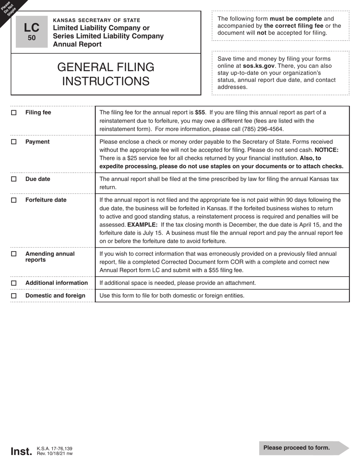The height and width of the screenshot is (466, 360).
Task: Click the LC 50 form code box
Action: pyautogui.click(x=32, y=32)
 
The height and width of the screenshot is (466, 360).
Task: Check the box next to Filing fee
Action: pyautogui.click(x=14, y=113)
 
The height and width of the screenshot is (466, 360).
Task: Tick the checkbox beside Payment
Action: pyautogui.click(x=14, y=142)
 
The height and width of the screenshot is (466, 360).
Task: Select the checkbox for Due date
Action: pyautogui.click(x=14, y=179)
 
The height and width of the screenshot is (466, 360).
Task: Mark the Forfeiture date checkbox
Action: pyautogui.click(x=14, y=200)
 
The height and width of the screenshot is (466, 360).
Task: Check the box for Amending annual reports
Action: pyautogui.click(x=14, y=254)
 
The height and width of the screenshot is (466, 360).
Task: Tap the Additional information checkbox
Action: pyautogui.click(x=14, y=283)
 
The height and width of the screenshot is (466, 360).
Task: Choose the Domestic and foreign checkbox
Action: pyautogui.click(x=14, y=296)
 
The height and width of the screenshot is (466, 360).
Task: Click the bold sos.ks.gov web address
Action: pyautogui.click(x=258, y=66)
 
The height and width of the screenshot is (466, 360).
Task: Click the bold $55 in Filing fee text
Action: pyautogui.click(x=200, y=113)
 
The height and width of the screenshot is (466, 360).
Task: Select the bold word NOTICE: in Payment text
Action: pyautogui.click(x=326, y=150)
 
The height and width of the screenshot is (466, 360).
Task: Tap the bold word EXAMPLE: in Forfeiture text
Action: pyautogui.click(x=142, y=225)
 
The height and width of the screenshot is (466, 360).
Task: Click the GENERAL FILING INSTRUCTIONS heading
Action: pyautogui.click(x=106, y=74)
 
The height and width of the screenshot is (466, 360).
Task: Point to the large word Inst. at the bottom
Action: pyautogui.click(x=21, y=452)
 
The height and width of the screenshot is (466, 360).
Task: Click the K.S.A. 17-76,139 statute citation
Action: pyautogui.click(x=55, y=449)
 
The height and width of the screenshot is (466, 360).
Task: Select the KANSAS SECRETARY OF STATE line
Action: pyautogui.click(x=97, y=20)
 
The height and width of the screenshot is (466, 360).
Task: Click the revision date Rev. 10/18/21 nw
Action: pyautogui.click(x=55, y=453)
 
